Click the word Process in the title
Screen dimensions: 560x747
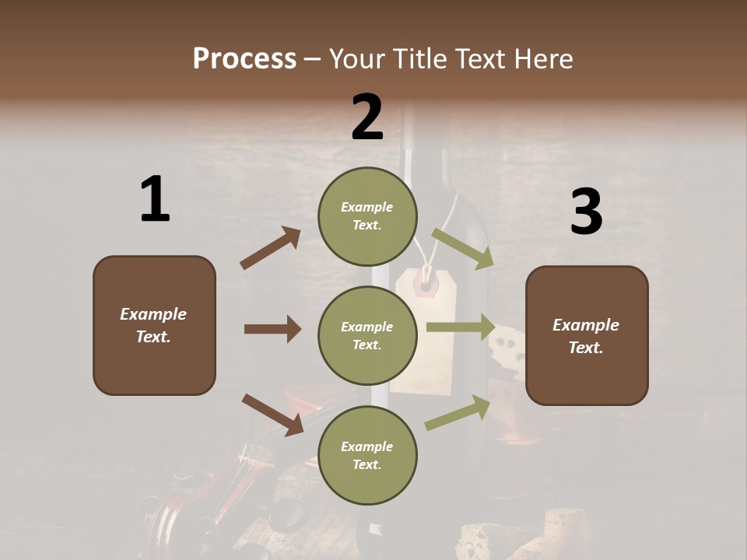(244, 59)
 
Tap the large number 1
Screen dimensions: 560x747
(155, 200)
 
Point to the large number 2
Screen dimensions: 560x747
(367, 117)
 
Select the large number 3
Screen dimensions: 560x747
(586, 212)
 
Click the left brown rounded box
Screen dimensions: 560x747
(154, 325)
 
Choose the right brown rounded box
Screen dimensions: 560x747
(587, 336)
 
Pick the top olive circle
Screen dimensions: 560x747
(367, 216)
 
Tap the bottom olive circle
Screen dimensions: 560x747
(367, 456)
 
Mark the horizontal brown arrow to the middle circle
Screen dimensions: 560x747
(272, 329)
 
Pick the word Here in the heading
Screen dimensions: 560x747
(544, 59)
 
